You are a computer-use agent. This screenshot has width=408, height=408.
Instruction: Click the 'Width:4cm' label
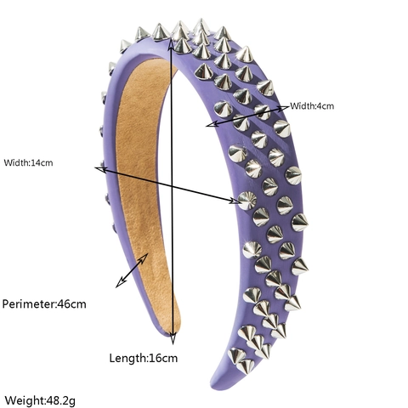pos(312,106)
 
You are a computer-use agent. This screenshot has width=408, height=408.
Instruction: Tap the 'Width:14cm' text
pos(28,163)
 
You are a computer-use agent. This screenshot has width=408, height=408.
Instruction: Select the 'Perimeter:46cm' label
pos(44,304)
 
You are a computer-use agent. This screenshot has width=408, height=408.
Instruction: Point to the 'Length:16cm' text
pos(144,358)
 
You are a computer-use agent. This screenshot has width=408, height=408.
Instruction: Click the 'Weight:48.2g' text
pos(40,400)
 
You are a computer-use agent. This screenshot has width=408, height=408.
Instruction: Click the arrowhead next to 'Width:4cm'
pos(283,109)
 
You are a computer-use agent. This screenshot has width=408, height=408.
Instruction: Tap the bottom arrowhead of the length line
pos(173,338)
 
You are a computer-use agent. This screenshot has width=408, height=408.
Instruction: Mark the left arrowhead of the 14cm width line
pos(100,170)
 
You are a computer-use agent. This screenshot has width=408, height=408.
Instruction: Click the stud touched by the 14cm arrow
pos(247,201)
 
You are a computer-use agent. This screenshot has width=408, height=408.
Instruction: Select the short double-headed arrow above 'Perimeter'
pos(132,270)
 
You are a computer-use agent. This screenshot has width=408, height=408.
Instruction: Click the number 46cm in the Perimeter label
pos(71,304)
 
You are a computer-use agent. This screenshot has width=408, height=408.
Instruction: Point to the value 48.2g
pos(60,401)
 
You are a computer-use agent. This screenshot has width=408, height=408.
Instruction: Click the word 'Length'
pos(127,359)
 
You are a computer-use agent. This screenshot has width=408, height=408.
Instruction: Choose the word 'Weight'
pos(24,400)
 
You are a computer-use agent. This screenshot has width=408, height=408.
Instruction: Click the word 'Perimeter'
pos(28,304)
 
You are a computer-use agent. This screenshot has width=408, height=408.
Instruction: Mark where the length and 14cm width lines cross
pos(172,186)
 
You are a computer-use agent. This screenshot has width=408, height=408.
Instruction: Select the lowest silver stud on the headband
pos(246,366)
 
